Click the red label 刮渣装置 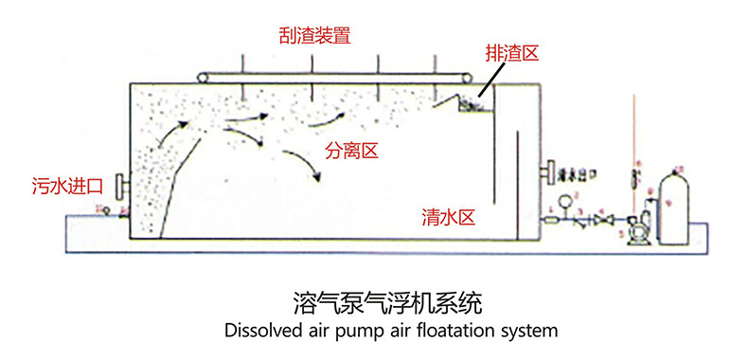pos(315,36)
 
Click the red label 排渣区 pos(511,54)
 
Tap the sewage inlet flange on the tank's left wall pos(117,183)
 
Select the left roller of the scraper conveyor pos(202,75)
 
